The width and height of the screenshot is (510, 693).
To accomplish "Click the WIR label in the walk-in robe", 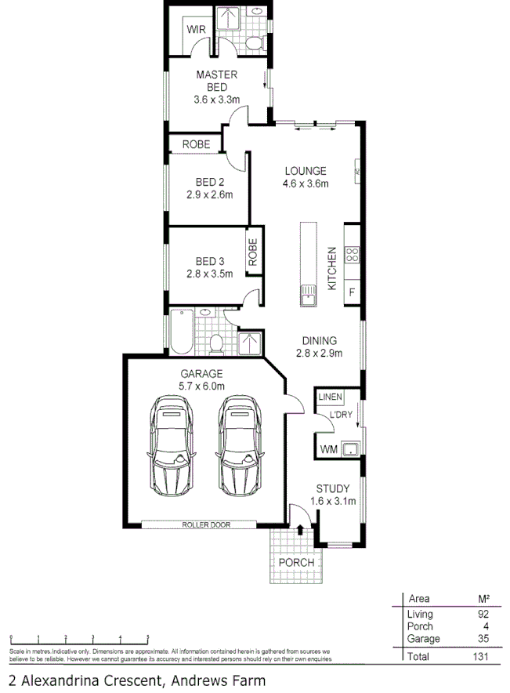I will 196,31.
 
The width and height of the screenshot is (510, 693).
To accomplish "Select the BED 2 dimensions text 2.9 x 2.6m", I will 209,196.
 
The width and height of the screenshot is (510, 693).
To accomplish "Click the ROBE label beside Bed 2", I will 195,144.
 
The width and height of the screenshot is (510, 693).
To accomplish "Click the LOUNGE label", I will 305,172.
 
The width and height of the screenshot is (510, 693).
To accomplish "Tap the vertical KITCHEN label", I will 332,269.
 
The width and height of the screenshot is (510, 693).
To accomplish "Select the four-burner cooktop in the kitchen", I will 353,254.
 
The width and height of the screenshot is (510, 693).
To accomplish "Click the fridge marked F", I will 352,292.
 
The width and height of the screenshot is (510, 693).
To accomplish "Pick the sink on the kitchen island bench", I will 306,296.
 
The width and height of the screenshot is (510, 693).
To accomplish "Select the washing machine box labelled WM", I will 329,449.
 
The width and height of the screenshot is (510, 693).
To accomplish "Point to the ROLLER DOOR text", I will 206,524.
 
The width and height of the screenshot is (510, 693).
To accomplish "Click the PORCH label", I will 296,563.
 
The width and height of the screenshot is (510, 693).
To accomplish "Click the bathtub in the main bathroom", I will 180,331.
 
